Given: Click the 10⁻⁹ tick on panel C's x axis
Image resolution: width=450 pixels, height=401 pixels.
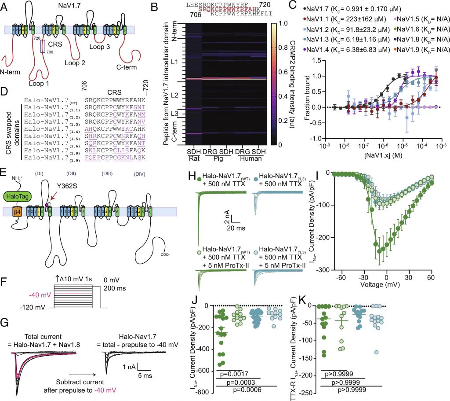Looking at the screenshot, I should [326, 145].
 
